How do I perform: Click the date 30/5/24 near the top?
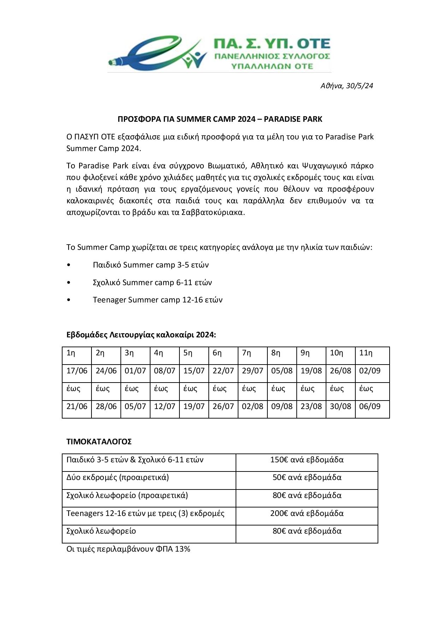pyautogui.click(x=360, y=86)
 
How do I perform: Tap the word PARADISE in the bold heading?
pyautogui.click(x=282, y=119)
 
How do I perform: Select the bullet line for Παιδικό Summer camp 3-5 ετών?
pyautogui.click(x=150, y=265)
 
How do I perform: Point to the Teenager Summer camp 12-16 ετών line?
pyautogui.click(x=158, y=300)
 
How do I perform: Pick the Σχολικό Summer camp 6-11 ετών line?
pyautogui.click(x=152, y=282)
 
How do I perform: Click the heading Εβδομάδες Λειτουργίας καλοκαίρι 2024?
pyautogui.click(x=141, y=335)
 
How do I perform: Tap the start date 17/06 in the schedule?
pyautogui.click(x=77, y=371)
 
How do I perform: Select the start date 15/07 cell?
pyautogui.click(x=194, y=371)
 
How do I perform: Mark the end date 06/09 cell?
pyautogui.click(x=369, y=406)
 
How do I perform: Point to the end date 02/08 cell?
pyautogui.click(x=252, y=406)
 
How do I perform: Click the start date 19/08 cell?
pyautogui.click(x=311, y=371)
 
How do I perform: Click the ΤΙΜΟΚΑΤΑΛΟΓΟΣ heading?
pyautogui.click(x=99, y=441)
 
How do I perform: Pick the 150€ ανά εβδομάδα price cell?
pyautogui.click(x=307, y=459)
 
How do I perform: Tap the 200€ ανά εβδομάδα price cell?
pyautogui.click(x=307, y=513)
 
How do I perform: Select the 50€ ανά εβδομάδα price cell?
pyautogui.click(x=307, y=477)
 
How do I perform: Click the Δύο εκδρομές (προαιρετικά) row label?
pyautogui.click(x=118, y=477)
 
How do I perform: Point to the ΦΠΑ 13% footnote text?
pyautogui.click(x=128, y=549)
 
